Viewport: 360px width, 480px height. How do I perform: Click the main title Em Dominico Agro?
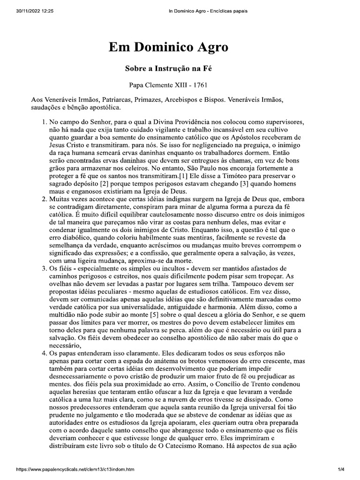169,47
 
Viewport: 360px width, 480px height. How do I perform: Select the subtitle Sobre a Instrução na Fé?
169,68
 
